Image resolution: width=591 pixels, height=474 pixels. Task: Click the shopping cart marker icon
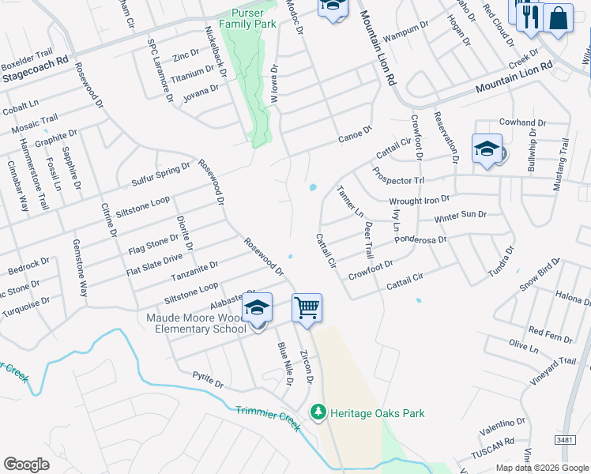(307, 308)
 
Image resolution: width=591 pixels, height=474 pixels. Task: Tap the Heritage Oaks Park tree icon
(318, 412)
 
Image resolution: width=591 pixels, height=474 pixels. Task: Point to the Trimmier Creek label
(268, 419)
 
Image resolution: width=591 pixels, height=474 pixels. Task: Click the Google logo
(27, 465)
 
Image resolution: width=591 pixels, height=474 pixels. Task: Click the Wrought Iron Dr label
(419, 201)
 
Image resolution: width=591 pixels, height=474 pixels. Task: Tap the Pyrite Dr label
(209, 380)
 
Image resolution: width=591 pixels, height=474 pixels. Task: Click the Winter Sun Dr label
(460, 215)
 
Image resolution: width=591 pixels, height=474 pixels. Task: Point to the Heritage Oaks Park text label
(378, 413)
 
